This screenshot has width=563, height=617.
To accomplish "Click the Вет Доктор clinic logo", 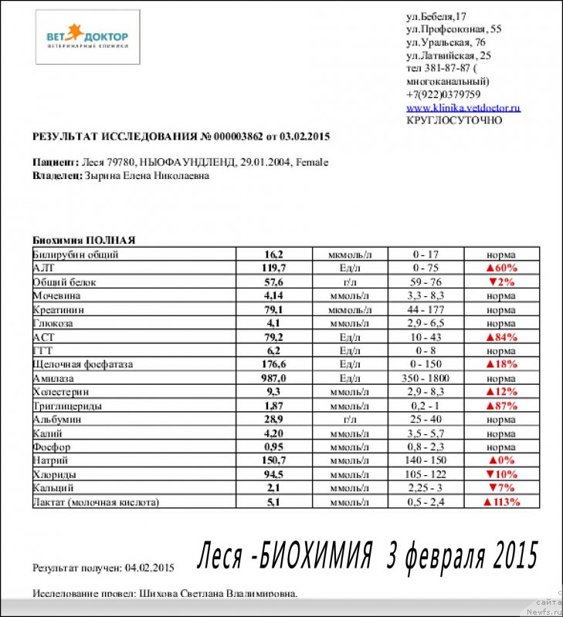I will click(x=88, y=37).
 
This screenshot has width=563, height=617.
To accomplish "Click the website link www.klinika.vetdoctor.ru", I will click(x=463, y=107).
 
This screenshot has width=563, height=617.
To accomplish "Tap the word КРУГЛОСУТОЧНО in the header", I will click(x=454, y=120).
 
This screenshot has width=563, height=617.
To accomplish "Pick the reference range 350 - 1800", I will click(x=426, y=378).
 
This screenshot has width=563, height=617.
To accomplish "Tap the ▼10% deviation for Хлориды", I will click(x=500, y=474).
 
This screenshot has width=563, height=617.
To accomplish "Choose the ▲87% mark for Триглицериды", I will click(x=500, y=406).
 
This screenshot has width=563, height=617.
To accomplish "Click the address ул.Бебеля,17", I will click(x=436, y=16).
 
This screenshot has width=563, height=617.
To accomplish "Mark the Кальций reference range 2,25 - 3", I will click(x=426, y=488).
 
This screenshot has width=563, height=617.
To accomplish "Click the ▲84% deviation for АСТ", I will click(x=500, y=337).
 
